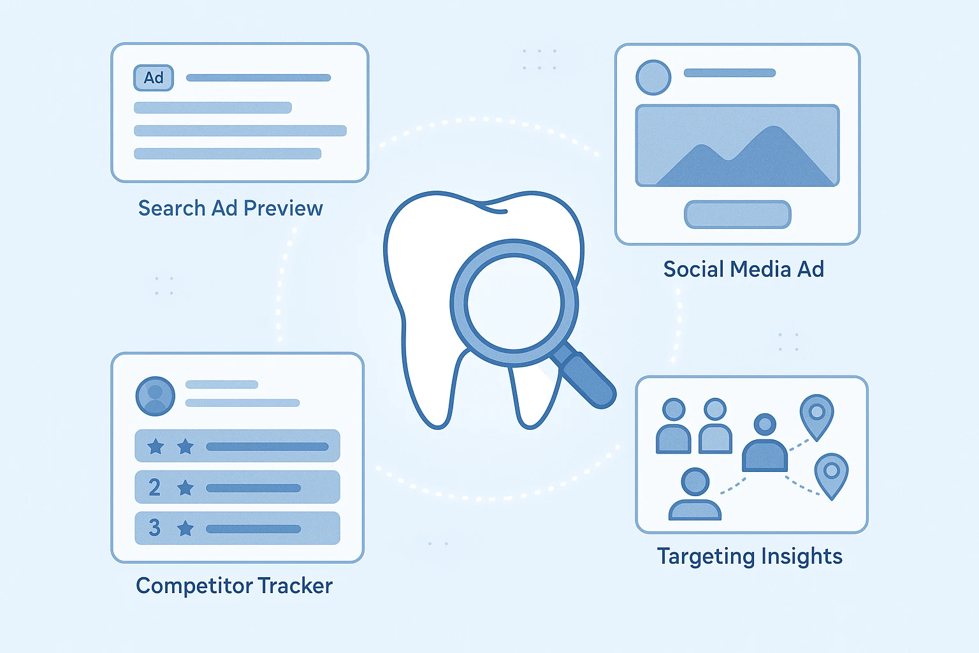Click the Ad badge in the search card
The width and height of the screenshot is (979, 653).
(154, 78)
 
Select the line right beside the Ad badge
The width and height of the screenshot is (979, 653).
(258, 78)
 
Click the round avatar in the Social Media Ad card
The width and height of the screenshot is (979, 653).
(653, 77)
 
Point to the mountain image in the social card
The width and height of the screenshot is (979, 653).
(737, 146)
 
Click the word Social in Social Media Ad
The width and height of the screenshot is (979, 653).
(693, 269)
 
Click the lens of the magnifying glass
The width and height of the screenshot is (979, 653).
(514, 302)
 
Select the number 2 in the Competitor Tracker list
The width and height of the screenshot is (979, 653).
(154, 488)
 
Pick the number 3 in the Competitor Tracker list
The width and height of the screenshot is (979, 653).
(154, 528)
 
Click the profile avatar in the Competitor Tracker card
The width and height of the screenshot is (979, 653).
(156, 396)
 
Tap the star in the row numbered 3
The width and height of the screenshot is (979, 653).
(185, 528)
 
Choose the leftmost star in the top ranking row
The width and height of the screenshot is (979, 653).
(156, 446)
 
